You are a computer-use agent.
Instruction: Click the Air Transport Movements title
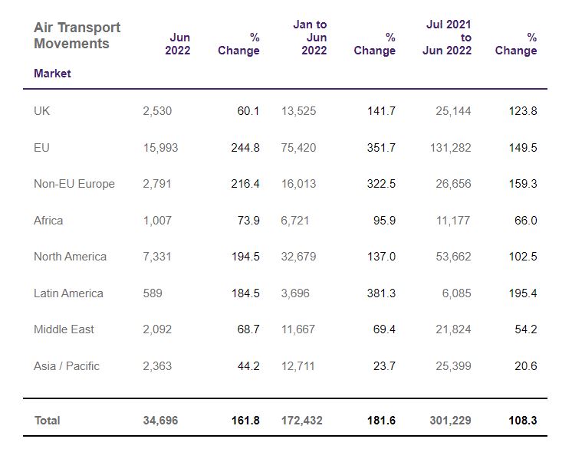pyautogui.click(x=77, y=35)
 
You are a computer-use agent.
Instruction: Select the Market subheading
pyautogui.click(x=52, y=74)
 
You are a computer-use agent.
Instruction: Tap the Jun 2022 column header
pyautogui.click(x=178, y=44)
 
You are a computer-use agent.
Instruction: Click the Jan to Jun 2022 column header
pyautogui.click(x=310, y=38)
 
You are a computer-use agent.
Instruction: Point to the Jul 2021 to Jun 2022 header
pyautogui.click(x=447, y=38)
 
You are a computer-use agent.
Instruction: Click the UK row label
pyautogui.click(x=41, y=111)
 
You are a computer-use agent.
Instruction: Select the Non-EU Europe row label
pyautogui.click(x=74, y=184)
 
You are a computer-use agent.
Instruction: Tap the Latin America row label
pyautogui.click(x=68, y=293)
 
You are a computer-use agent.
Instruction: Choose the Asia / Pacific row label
pyautogui.click(x=67, y=365)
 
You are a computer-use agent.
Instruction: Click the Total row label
pyautogui.click(x=47, y=421)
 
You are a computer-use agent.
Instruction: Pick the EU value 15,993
pyautogui.click(x=160, y=148)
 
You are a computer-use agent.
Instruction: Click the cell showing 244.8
pyautogui.click(x=245, y=148)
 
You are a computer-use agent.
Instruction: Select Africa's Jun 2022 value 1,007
pyautogui.click(x=157, y=220)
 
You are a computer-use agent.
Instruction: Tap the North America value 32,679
pyautogui.click(x=298, y=257)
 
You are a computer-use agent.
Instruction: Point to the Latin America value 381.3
pyautogui.click(x=381, y=293)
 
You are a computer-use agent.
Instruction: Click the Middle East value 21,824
pyautogui.click(x=453, y=329)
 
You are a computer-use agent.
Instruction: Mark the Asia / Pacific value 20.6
pyautogui.click(x=526, y=365)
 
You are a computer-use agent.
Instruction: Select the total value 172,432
pyautogui.click(x=301, y=421)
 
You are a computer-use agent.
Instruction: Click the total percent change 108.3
pyautogui.click(x=523, y=421)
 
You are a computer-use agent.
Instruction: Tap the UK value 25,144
pyautogui.click(x=453, y=111)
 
